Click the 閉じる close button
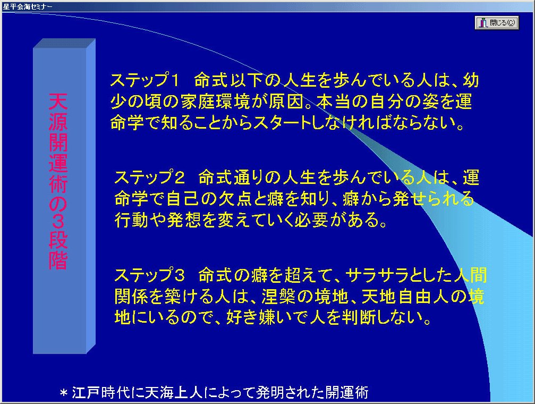click(497, 23)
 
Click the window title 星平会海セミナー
click(28, 6)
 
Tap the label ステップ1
click(145, 80)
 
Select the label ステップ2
click(149, 177)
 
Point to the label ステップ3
click(149, 275)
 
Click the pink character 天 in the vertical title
click(58, 101)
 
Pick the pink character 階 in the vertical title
click(58, 261)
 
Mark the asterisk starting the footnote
click(63, 393)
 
